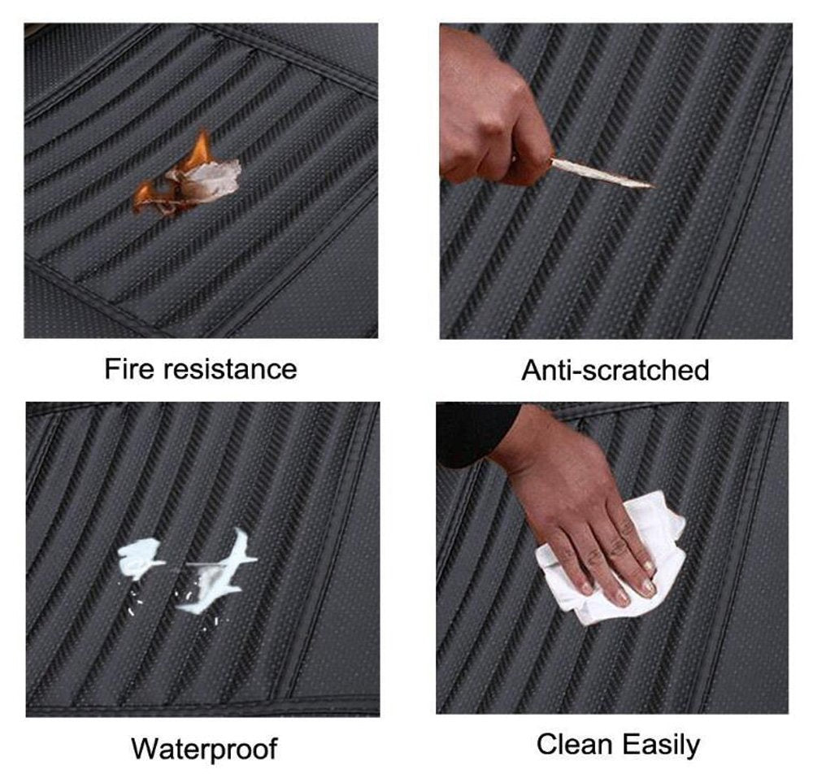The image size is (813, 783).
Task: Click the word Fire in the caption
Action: pyautogui.click(x=129, y=368)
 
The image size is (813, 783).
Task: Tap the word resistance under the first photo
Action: pyautogui.click(x=230, y=369)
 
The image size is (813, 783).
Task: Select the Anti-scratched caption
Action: pyautogui.click(x=615, y=370)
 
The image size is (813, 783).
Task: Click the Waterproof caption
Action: pyautogui.click(x=204, y=749)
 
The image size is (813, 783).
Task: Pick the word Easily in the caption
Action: pyautogui.click(x=661, y=746)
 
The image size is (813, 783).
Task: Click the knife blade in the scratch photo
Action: pyautogui.click(x=602, y=172)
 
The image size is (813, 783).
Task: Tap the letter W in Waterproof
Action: pyautogui.click(x=144, y=748)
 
